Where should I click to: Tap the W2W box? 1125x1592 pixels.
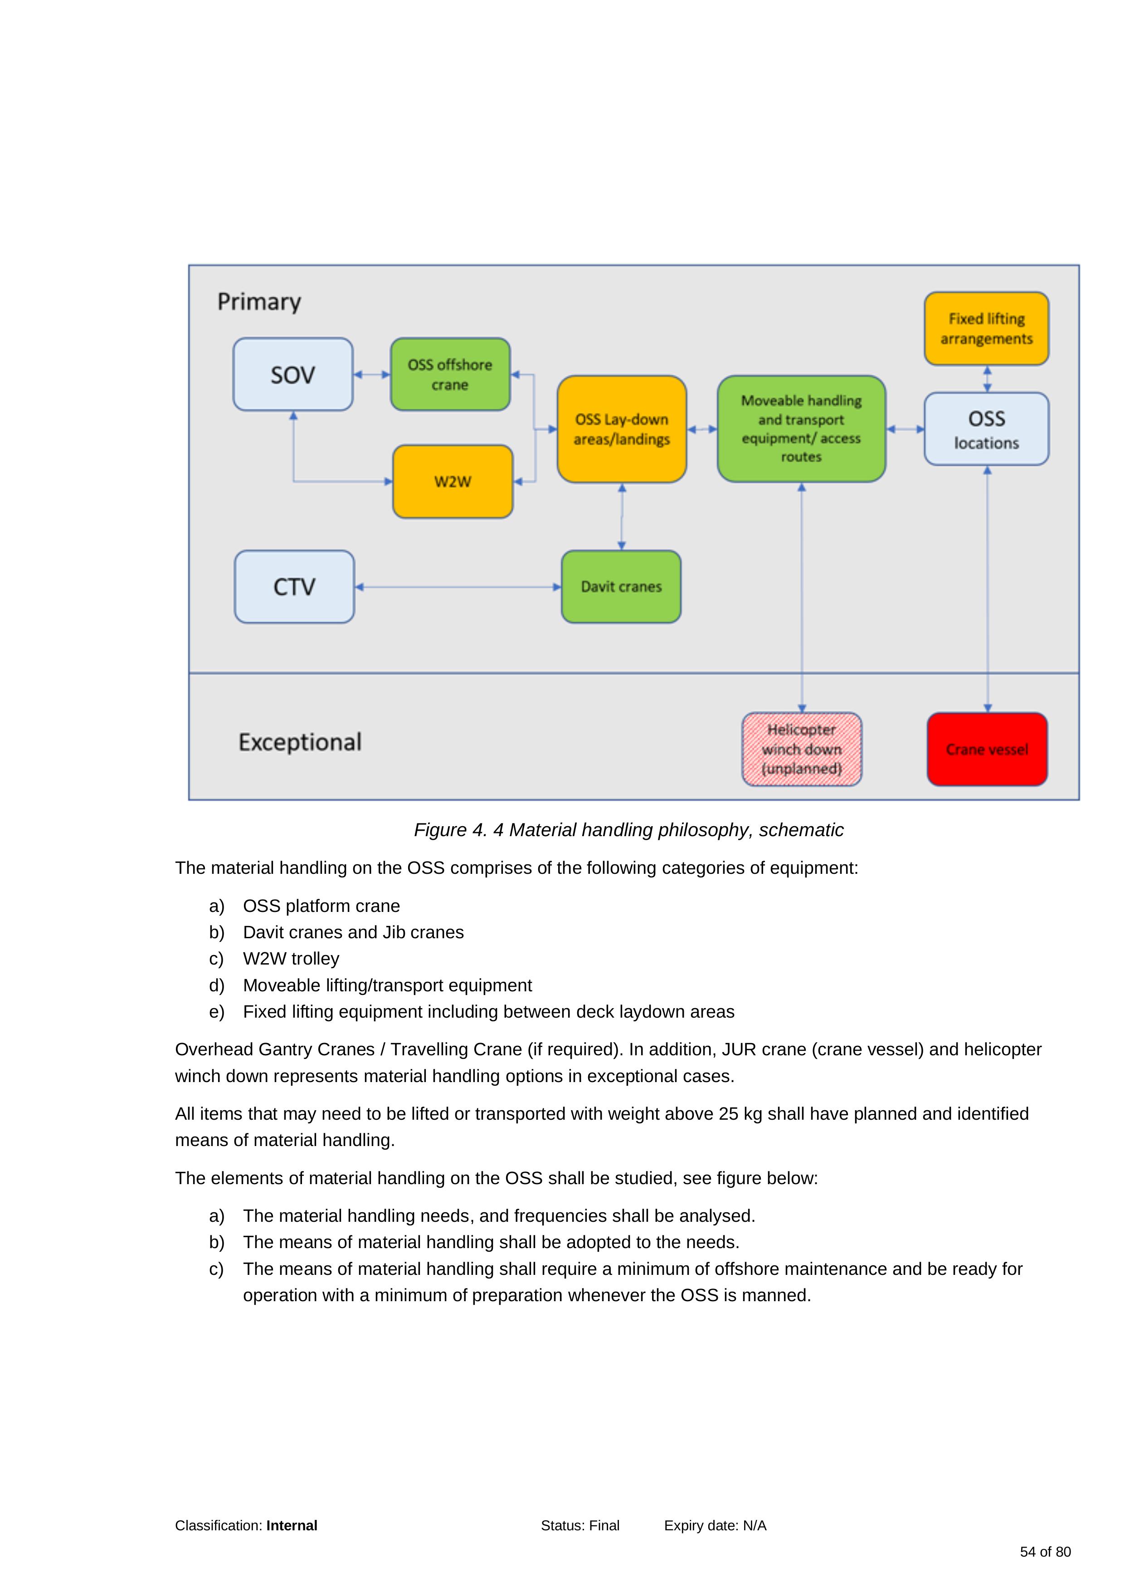453,482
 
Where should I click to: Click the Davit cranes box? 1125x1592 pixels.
621,587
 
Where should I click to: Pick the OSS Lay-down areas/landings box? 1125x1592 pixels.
622,429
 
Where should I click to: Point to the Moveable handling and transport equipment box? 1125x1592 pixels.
801,429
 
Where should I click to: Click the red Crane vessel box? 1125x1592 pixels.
987,749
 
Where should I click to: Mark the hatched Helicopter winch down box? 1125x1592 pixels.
802,749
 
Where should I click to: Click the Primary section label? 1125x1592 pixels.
259,302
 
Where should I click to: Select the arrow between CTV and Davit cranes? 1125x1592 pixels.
458,587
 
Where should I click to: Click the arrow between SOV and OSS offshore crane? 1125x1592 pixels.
371,374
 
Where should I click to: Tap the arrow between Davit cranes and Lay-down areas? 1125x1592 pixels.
622,517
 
